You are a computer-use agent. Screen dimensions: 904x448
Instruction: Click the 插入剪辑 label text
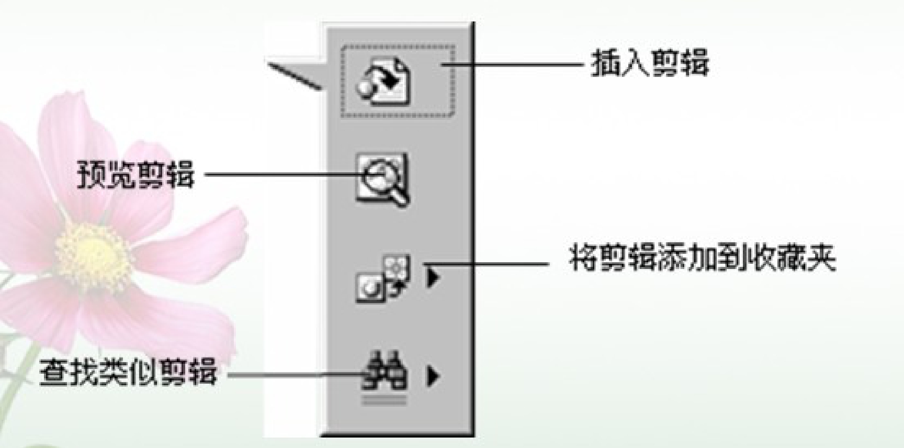(x=650, y=64)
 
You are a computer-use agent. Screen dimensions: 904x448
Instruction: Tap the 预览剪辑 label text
(x=135, y=175)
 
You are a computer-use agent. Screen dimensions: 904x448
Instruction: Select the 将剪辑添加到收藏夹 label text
(x=703, y=259)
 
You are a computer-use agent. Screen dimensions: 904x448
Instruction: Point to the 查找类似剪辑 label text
(x=128, y=374)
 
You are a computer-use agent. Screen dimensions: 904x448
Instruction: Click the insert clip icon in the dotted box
(x=383, y=81)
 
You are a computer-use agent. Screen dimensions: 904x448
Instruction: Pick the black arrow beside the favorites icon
(x=432, y=278)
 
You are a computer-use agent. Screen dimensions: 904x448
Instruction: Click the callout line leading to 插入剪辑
(x=513, y=64)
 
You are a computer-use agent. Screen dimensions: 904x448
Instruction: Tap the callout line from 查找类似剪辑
(x=293, y=374)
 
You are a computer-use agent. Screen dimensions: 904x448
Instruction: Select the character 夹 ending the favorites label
(x=823, y=259)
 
